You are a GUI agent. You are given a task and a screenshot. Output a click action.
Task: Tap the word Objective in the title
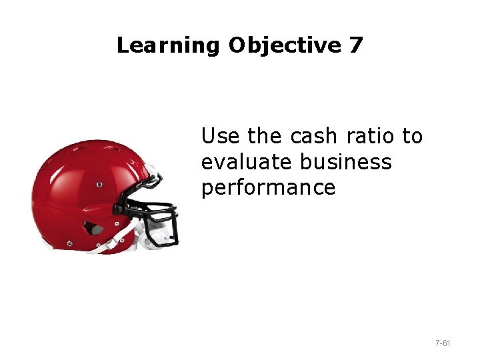pyautogui.click(x=285, y=45)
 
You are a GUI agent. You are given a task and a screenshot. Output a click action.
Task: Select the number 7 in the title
pyautogui.click(x=355, y=45)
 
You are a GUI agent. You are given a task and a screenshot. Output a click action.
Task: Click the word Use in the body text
pyautogui.click(x=221, y=137)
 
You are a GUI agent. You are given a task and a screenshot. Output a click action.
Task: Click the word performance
pyautogui.click(x=268, y=188)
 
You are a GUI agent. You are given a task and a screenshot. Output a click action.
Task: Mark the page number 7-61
pyautogui.click(x=442, y=343)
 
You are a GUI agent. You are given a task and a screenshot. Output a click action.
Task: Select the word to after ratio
pyautogui.click(x=412, y=137)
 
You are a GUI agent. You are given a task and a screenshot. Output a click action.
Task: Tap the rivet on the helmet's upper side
pyautogui.click(x=99, y=184)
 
